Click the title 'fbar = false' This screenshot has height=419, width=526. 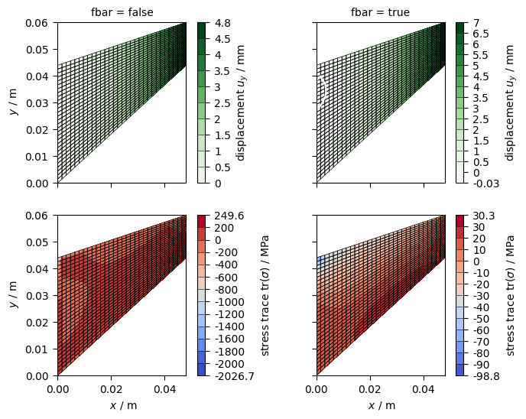(122, 12)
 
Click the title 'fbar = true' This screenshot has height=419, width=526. (381, 12)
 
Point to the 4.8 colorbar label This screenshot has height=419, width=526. (222, 23)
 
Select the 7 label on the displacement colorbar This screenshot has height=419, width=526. (476, 23)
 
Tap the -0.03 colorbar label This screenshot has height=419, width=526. (486, 184)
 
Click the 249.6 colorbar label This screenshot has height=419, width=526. (229, 216)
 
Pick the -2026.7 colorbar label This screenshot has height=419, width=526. (235, 376)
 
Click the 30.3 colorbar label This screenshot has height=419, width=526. (484, 216)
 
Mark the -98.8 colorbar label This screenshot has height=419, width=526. (486, 376)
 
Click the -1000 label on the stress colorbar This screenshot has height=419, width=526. (229, 302)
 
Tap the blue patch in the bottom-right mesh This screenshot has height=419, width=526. (321, 261)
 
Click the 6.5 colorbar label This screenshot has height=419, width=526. (481, 34)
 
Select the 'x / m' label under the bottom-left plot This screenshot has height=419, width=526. (123, 405)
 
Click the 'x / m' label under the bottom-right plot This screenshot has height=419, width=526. (382, 405)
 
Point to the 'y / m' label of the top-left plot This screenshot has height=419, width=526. (14, 102)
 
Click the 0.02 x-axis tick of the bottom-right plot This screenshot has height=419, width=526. (370, 389)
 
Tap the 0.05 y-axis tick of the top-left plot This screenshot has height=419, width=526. (37, 50)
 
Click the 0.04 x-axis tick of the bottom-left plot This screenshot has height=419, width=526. (164, 389)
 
